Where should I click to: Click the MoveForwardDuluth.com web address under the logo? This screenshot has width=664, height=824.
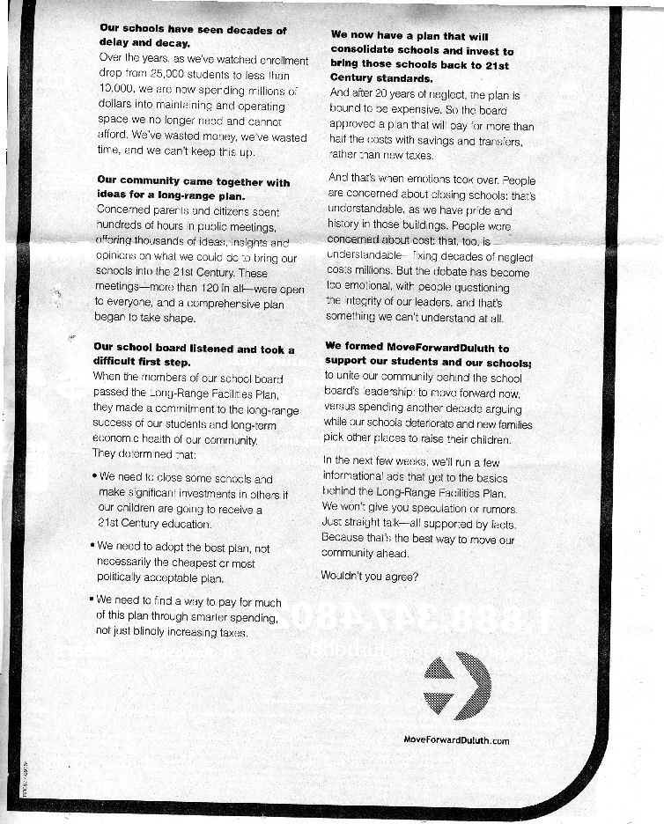coord(455,740)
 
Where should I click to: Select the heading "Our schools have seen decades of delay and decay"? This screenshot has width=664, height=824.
coord(193,36)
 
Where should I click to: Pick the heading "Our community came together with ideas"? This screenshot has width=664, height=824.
coord(193,188)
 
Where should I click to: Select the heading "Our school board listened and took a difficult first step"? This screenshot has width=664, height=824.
coord(194,354)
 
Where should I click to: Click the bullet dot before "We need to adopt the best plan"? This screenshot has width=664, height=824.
coord(92,546)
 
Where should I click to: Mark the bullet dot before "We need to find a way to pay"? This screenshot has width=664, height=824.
coord(92,601)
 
